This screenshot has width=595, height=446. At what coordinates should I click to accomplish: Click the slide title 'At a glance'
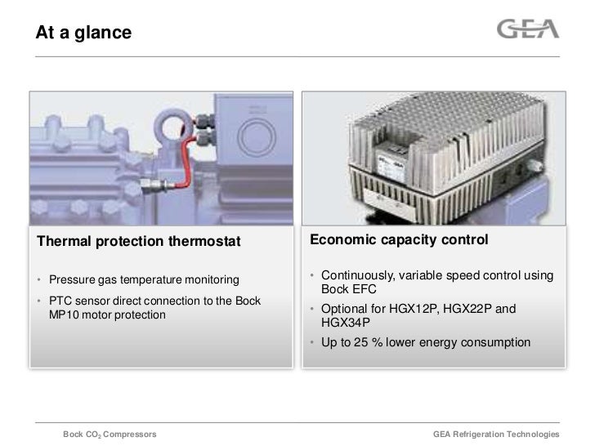(83, 33)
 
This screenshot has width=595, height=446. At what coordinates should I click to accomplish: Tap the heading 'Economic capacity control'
(399, 240)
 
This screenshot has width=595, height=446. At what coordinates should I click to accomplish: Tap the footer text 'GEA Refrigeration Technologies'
(495, 434)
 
